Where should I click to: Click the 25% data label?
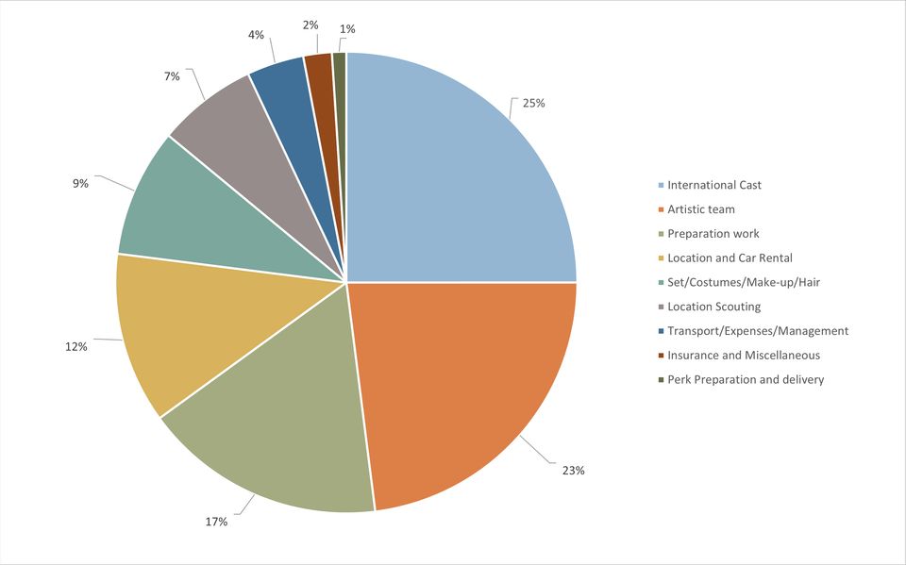[x=533, y=103]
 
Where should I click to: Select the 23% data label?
[x=573, y=470]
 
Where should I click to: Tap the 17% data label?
[x=216, y=522]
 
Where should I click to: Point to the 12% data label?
[x=76, y=347]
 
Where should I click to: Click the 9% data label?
[x=80, y=183]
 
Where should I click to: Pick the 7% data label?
[x=172, y=76]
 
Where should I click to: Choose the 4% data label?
[x=256, y=35]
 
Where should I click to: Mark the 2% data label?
[x=310, y=25]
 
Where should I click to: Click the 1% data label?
[x=347, y=29]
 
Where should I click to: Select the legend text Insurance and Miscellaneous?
[x=744, y=356]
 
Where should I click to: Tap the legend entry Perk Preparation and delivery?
[x=746, y=380]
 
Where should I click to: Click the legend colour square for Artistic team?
[x=661, y=209]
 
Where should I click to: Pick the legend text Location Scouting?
[x=713, y=307]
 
